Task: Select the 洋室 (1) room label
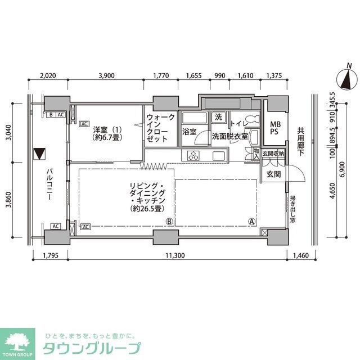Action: pyautogui.click(x=108, y=132)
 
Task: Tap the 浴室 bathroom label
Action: pyautogui.click(x=188, y=132)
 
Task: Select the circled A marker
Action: pyautogui.click(x=252, y=222)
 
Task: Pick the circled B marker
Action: pyautogui.click(x=169, y=222)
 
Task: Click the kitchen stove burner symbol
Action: pyautogui.click(x=194, y=156)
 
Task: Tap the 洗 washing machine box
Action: pyautogui.click(x=218, y=118)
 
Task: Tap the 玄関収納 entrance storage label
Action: pyautogui.click(x=273, y=153)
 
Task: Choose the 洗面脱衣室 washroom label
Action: pyautogui.click(x=229, y=136)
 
